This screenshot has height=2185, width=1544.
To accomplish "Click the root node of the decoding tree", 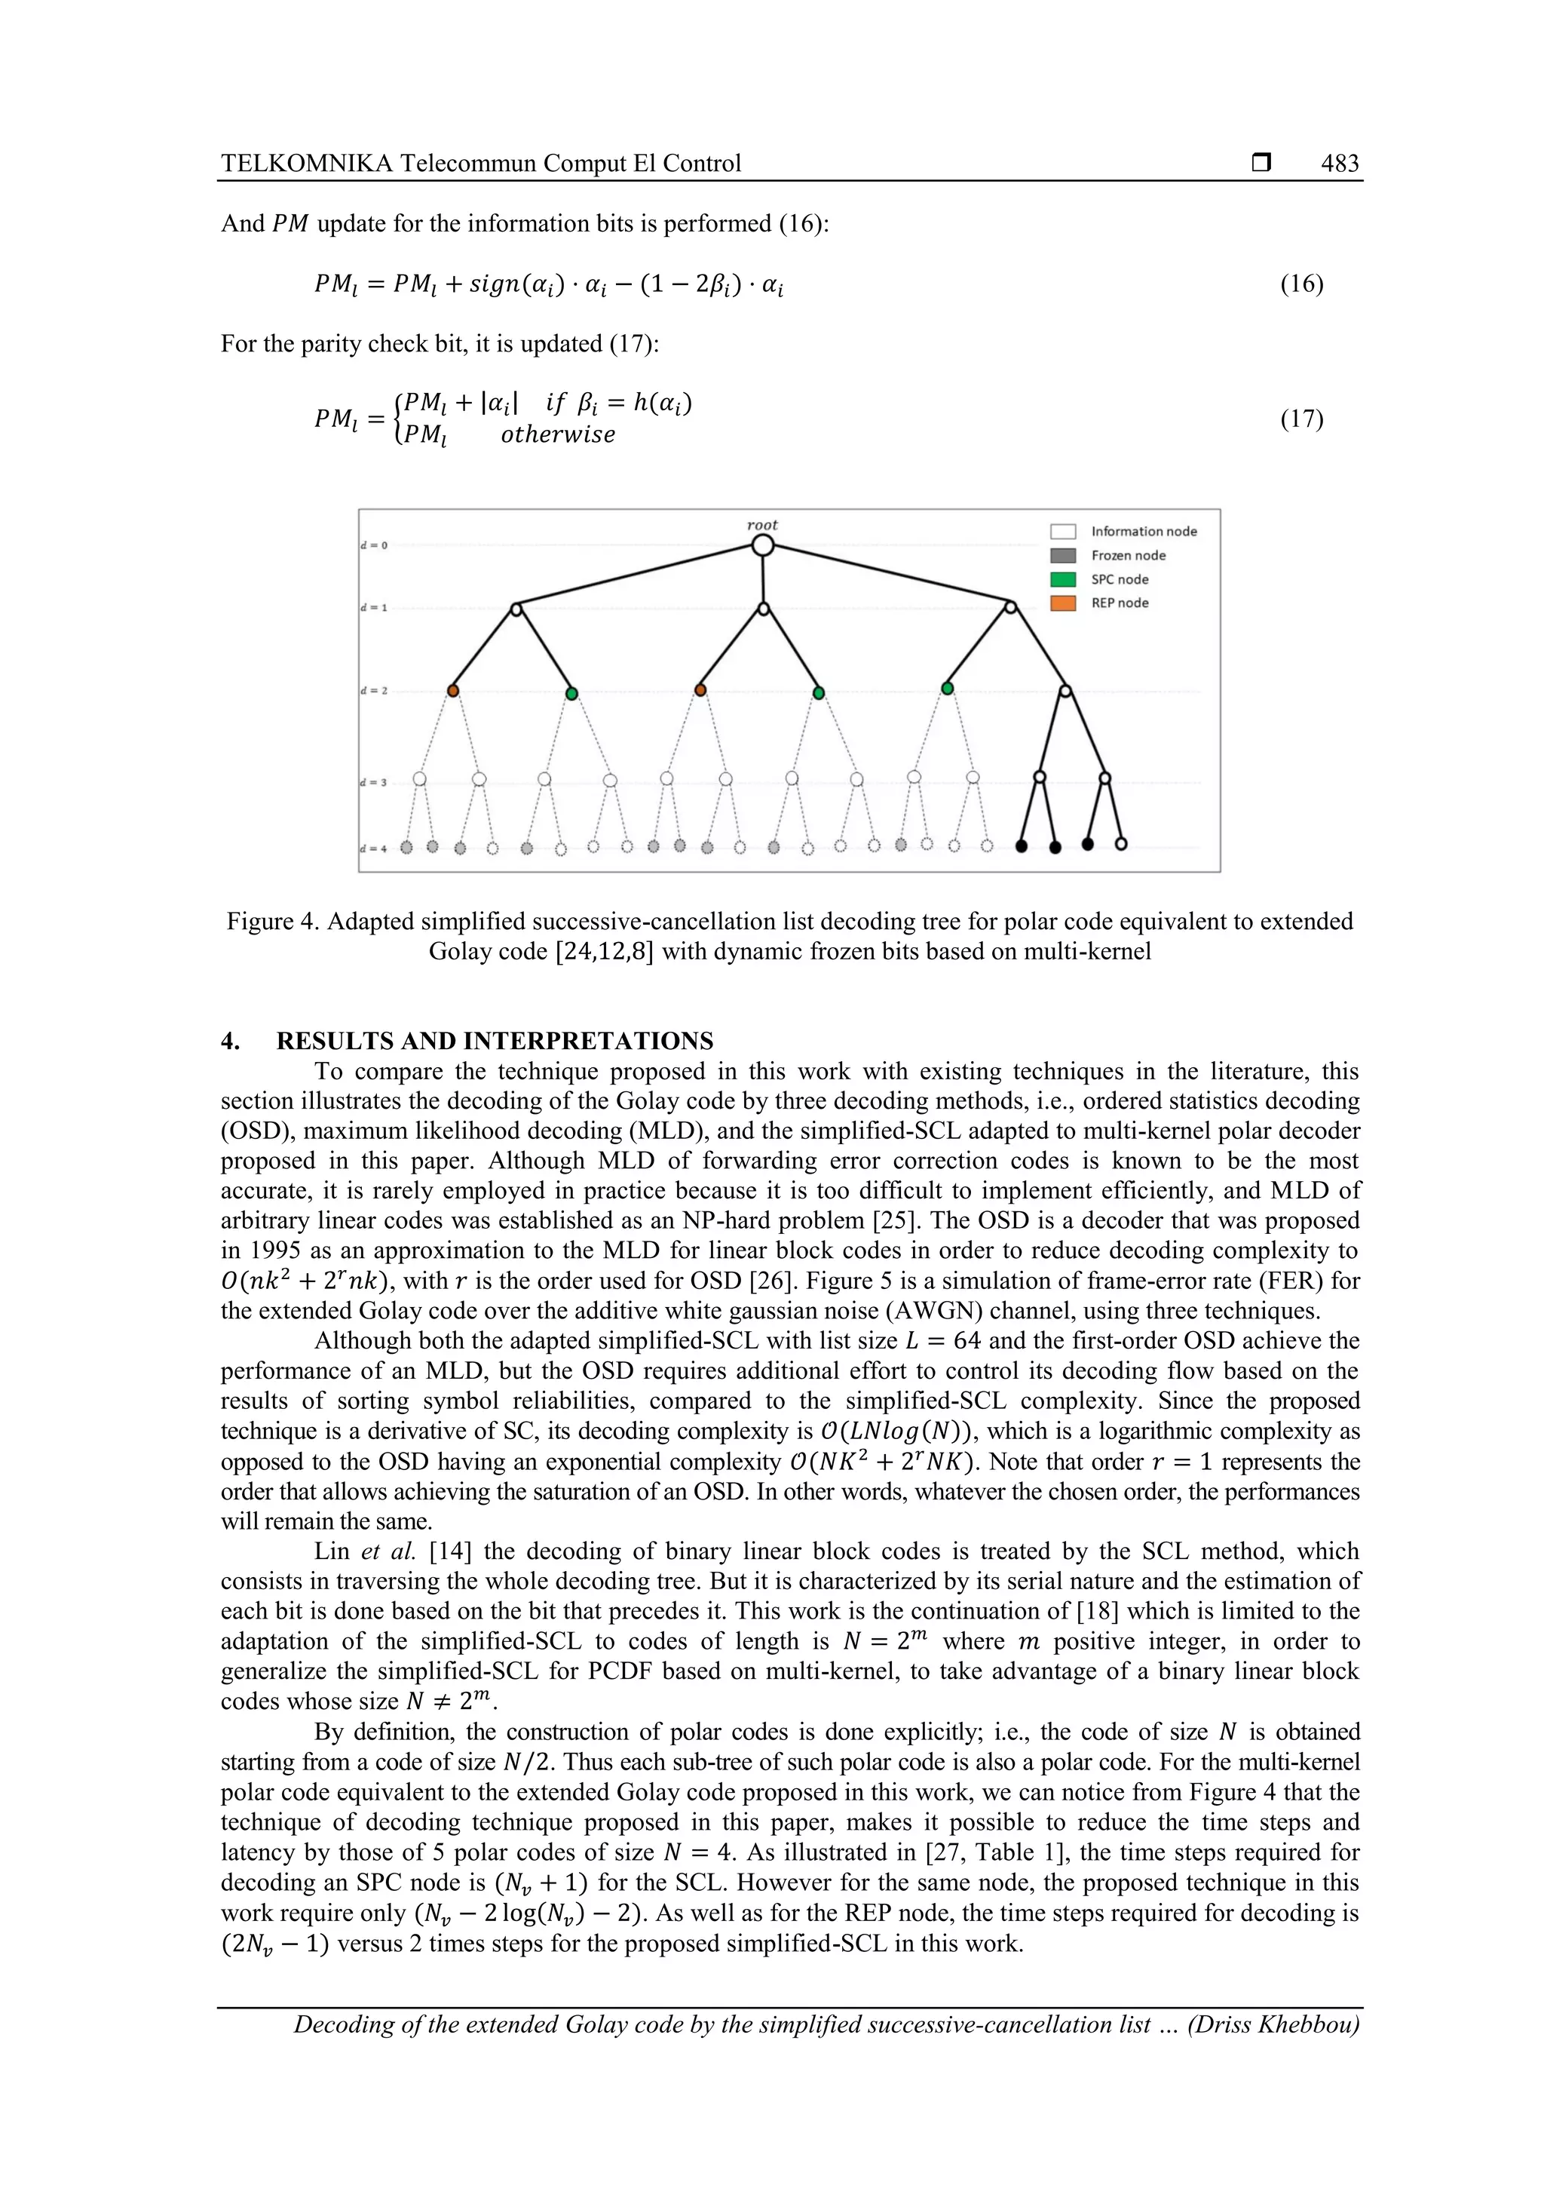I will tap(762, 545).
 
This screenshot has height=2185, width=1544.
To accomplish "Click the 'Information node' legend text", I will tap(1144, 531).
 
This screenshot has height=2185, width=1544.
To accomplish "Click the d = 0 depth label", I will tap(373, 545).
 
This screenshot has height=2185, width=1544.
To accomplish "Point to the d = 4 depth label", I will tap(373, 848).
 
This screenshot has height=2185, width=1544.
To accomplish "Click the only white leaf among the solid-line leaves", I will tap(1120, 844).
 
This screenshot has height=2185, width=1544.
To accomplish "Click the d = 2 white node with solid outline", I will tap(1065, 691).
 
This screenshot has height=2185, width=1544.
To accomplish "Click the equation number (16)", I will tap(1301, 284).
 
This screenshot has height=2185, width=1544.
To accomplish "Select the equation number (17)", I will tap(1301, 419).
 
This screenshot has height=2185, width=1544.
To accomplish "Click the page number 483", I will tap(1340, 164).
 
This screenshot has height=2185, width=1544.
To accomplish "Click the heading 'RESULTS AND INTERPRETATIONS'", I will tap(495, 1040).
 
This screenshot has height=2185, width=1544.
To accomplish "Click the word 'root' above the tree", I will tap(762, 524).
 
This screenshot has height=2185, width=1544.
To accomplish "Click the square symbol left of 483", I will tap(1261, 164).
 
